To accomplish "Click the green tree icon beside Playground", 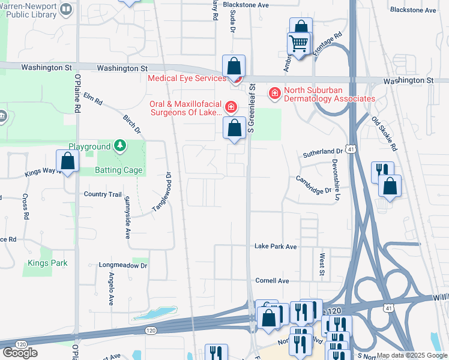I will pyautogui.click(x=120, y=146).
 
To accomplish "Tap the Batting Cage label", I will pyautogui.click(x=119, y=170).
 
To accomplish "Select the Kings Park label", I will pyautogui.click(x=47, y=263).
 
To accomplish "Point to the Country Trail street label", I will pyautogui.click(x=103, y=194).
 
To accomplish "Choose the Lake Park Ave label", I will pyautogui.click(x=276, y=247).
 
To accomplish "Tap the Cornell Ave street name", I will pyautogui.click(x=273, y=281).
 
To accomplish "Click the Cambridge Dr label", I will pyautogui.click(x=313, y=184).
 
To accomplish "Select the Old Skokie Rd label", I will pyautogui.click(x=385, y=134).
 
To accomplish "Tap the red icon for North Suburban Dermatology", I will pyautogui.click(x=275, y=93).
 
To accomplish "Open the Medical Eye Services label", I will pyautogui.click(x=187, y=78).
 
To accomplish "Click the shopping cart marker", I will pyautogui.click(x=298, y=44).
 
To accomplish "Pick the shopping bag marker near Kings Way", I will pyautogui.click(x=67, y=161).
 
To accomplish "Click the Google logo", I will pyautogui.click(x=20, y=352).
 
